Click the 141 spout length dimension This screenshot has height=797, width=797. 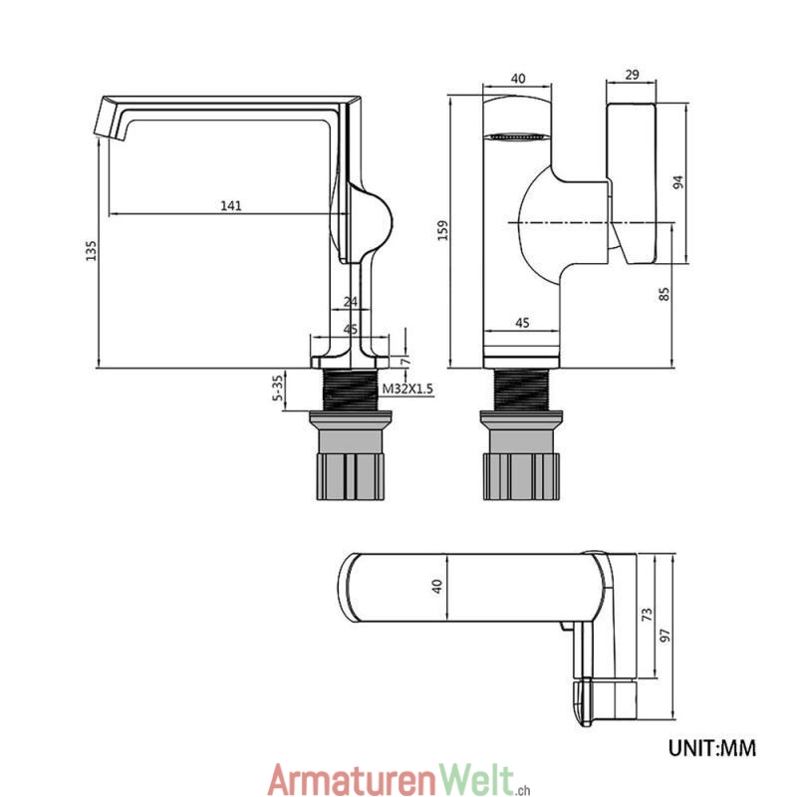(x=230, y=205)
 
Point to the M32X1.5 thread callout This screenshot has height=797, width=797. (x=408, y=390)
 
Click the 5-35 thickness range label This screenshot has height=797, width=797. (x=281, y=388)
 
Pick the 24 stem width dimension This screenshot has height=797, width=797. (x=350, y=301)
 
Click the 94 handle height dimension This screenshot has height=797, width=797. (x=679, y=182)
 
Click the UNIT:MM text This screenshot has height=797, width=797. (x=710, y=745)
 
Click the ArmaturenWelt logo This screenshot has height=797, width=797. (x=395, y=775)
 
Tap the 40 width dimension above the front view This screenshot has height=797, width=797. (x=517, y=78)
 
